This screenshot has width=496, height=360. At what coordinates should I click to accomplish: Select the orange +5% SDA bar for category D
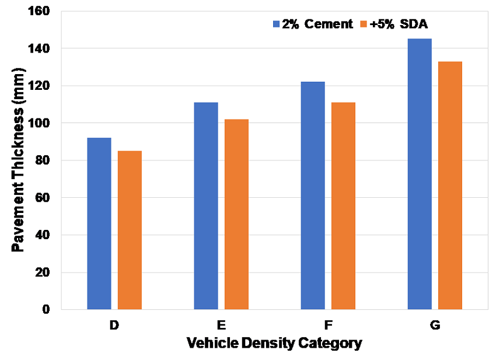click(130, 230)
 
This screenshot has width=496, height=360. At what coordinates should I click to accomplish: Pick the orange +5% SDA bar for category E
click(236, 214)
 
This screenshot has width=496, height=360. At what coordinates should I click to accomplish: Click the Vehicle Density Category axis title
click(274, 343)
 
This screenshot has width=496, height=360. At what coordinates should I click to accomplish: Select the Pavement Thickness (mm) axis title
click(19, 160)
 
